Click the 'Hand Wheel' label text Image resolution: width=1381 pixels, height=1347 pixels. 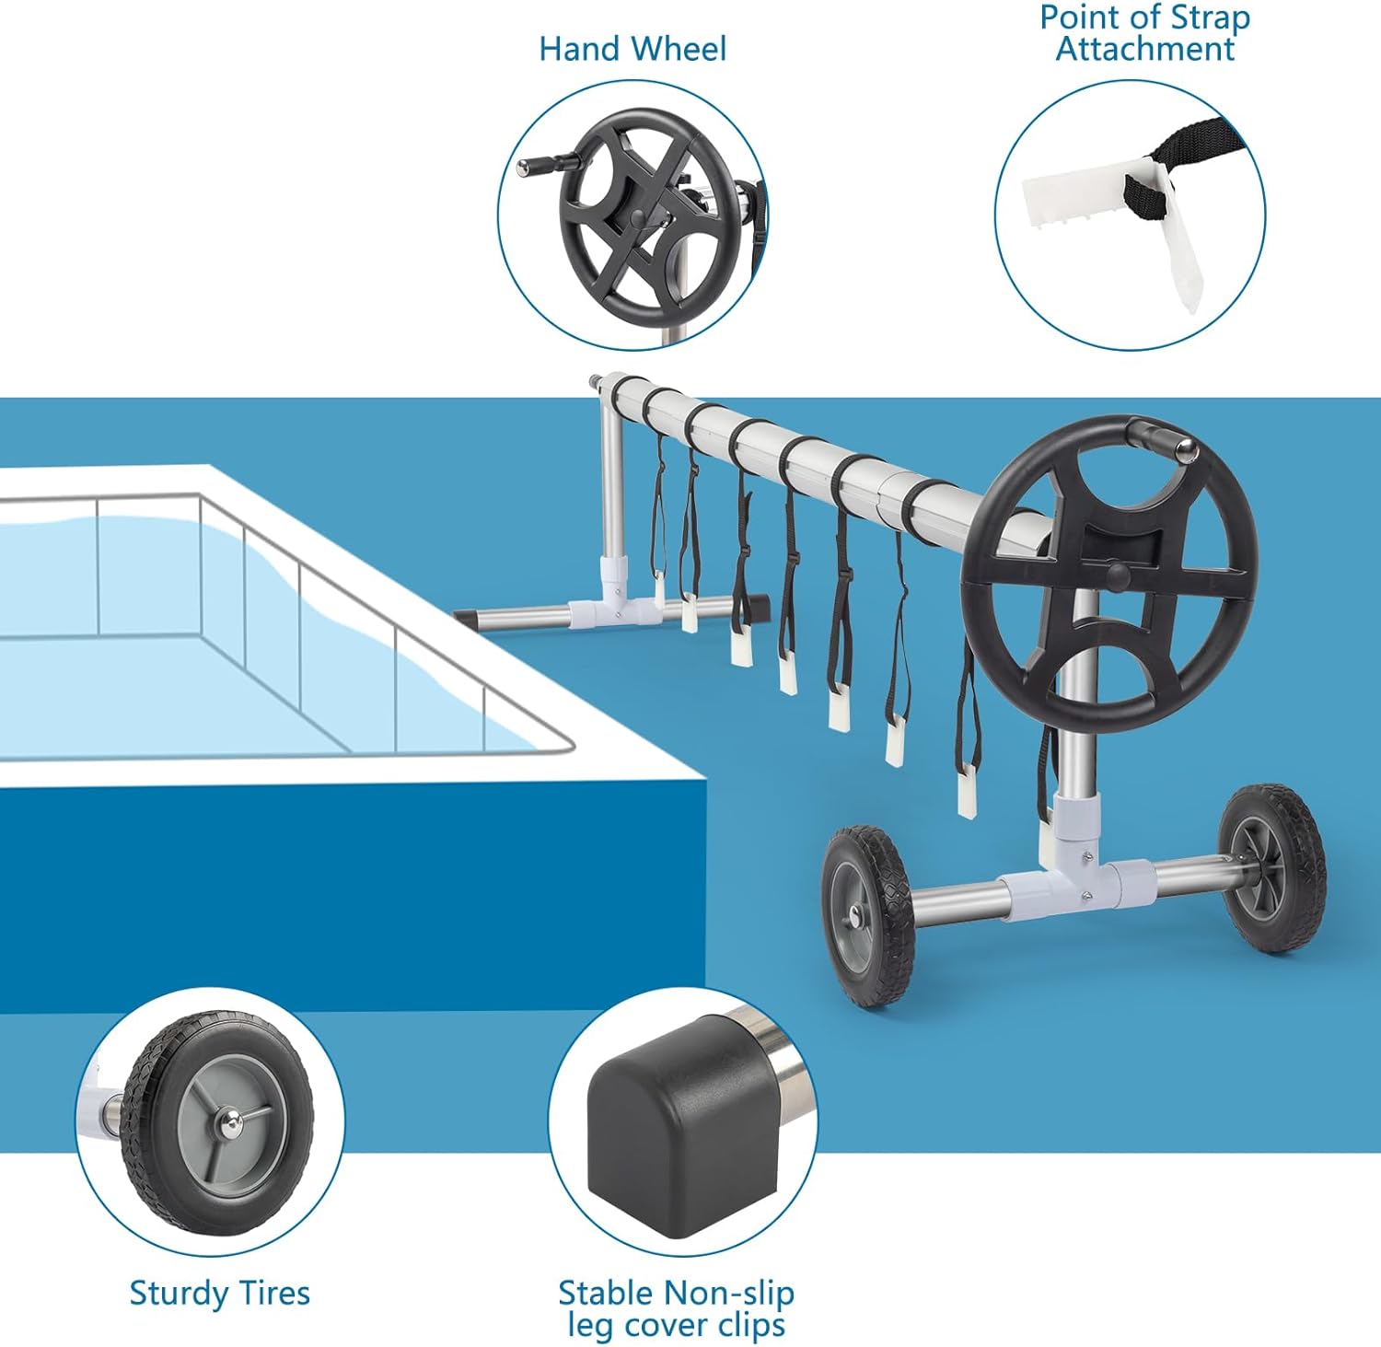pos(632,49)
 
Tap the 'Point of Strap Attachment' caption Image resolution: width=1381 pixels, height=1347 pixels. pos(1144,33)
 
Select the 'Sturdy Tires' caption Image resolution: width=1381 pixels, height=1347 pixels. pos(219,1294)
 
